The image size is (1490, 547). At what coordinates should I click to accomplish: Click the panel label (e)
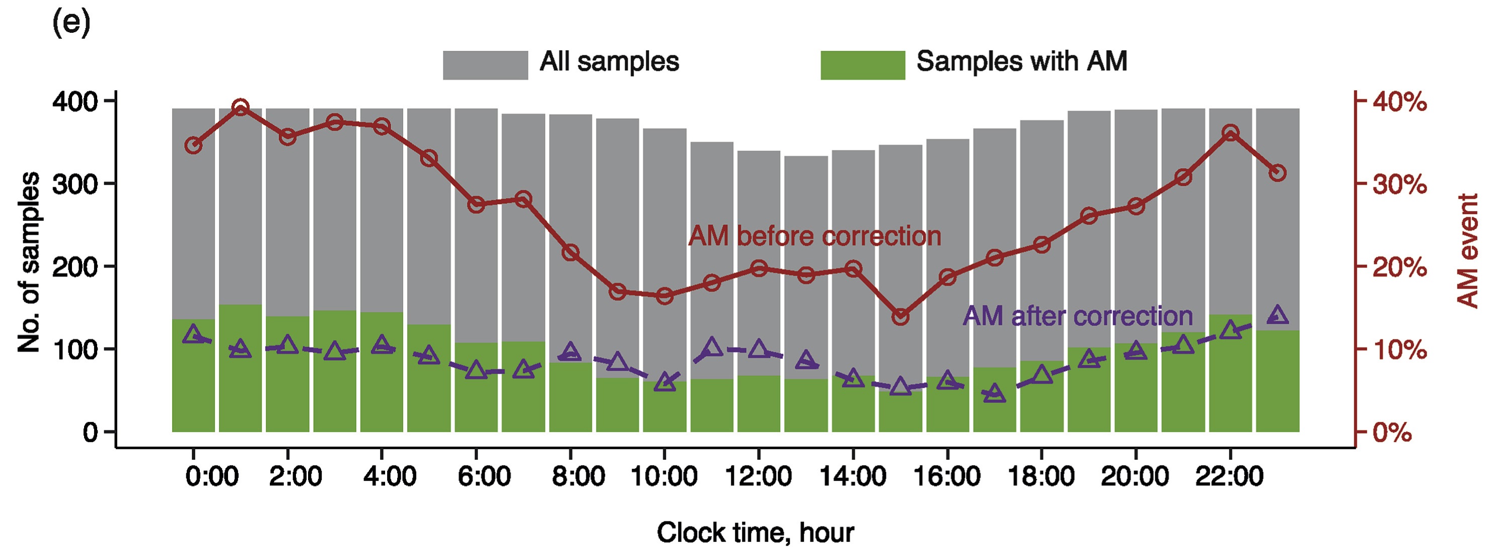71,24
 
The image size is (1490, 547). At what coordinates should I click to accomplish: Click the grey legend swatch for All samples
485,65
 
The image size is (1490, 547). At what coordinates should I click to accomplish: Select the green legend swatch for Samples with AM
862,65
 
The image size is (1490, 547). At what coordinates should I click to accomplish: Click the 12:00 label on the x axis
758,476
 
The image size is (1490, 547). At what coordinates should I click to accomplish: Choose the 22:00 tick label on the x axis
1230,476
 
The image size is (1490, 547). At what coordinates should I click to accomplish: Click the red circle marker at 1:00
241,108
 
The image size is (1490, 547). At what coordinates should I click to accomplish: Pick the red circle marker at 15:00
900,317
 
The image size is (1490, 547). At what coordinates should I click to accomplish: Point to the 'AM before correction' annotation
814,236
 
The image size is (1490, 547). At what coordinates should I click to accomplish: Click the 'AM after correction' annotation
1077,316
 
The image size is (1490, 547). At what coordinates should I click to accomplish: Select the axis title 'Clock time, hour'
755,532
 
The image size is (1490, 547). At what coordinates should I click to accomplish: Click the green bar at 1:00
241,368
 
